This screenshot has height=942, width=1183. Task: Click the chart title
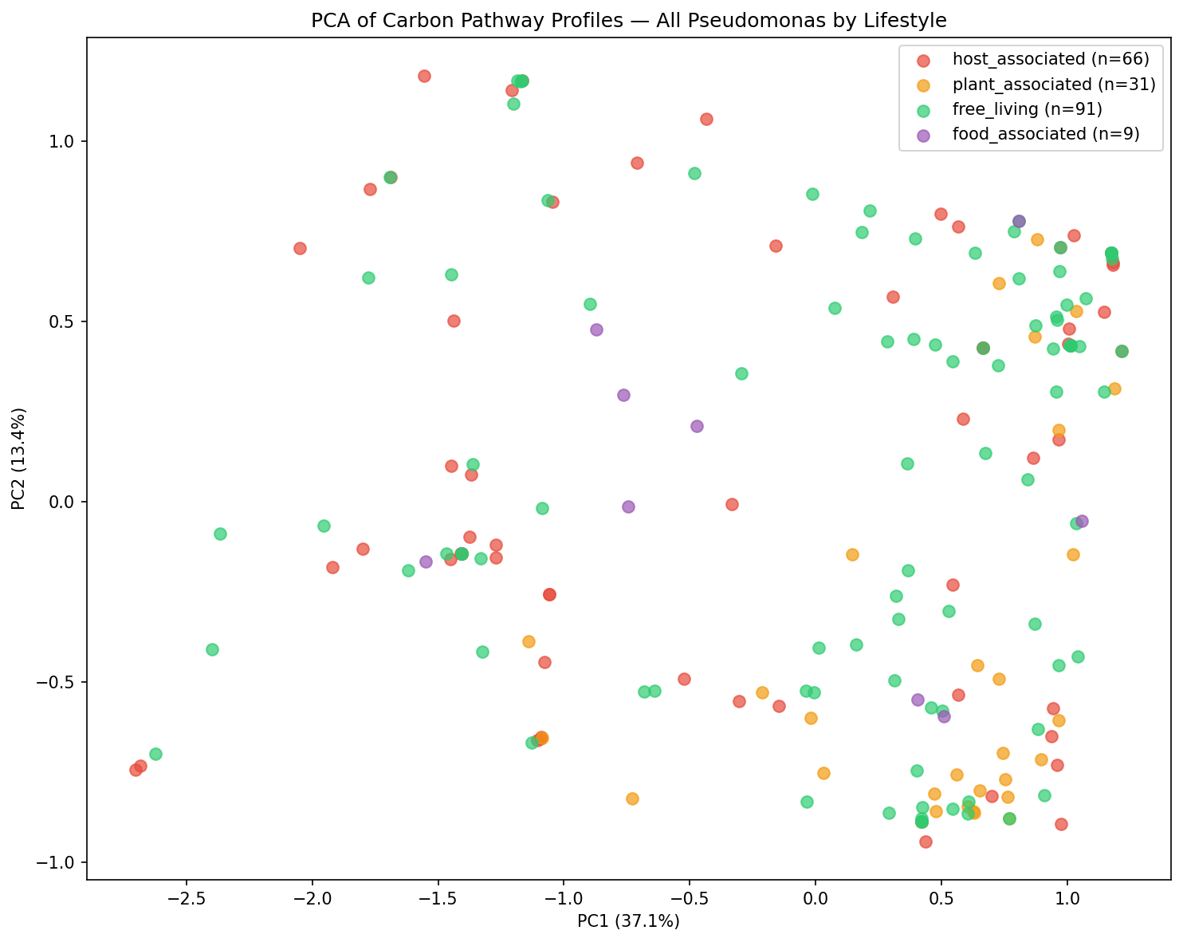pos(629,21)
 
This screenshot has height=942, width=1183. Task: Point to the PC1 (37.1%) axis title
pos(629,921)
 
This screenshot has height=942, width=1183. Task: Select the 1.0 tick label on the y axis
pos(61,141)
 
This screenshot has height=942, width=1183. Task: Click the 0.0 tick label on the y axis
pos(61,502)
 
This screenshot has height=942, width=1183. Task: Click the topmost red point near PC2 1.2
pos(424,76)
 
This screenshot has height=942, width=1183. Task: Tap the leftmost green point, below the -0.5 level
pos(155,754)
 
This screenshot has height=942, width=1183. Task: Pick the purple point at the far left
pos(426,562)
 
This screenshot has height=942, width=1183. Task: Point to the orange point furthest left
pos(529,641)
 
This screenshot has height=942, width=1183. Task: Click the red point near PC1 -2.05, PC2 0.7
pos(300,248)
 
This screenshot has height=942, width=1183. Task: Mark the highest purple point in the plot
pos(1019,221)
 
